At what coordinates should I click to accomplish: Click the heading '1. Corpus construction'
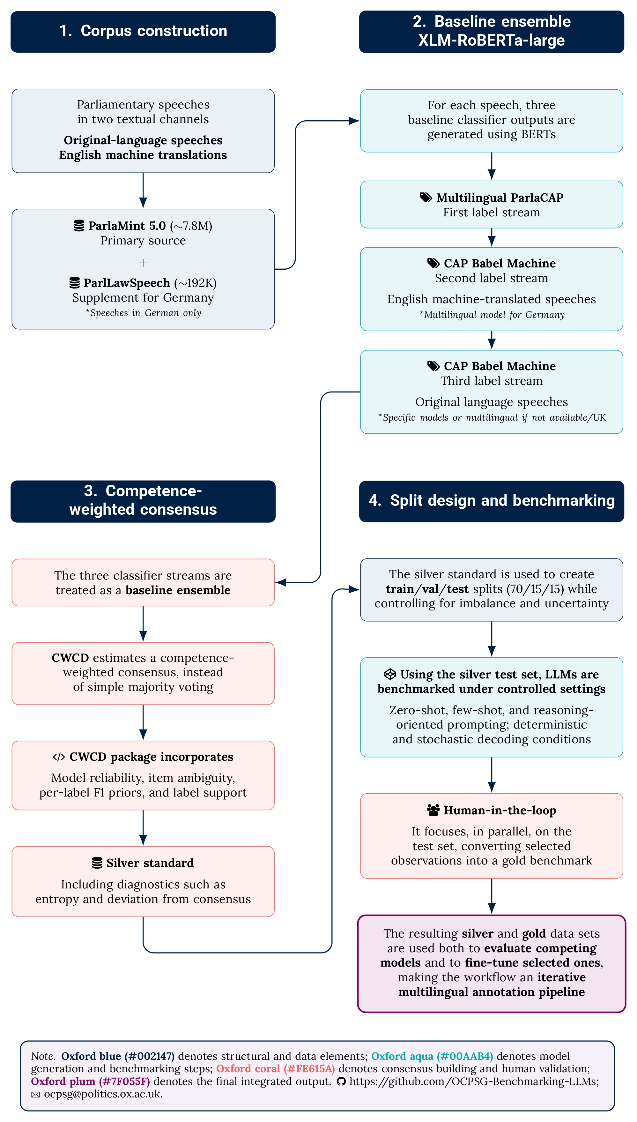pos(143,31)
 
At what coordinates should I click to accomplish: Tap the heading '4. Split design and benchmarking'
pos(491,501)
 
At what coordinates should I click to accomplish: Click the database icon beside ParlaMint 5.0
pos(79,226)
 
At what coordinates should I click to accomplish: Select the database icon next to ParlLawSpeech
pos(74,283)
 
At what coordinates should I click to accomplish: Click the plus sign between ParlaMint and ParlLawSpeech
pos(143,263)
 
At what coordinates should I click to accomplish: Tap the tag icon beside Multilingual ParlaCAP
pos(426,197)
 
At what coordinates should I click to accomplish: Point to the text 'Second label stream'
pos(491,278)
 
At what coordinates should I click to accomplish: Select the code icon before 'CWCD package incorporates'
pos(59,757)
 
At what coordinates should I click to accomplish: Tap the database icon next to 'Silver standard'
pos(97,863)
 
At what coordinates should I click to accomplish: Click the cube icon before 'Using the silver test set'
pos(390,674)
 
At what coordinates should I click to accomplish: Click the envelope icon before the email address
pos(35,1095)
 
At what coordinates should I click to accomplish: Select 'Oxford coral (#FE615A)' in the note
pos(275,1069)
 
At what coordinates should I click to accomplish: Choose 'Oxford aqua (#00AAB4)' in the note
pos(432,1056)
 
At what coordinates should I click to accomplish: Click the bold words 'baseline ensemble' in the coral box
pos(178,590)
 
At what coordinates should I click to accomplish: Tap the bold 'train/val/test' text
pos(427,589)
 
